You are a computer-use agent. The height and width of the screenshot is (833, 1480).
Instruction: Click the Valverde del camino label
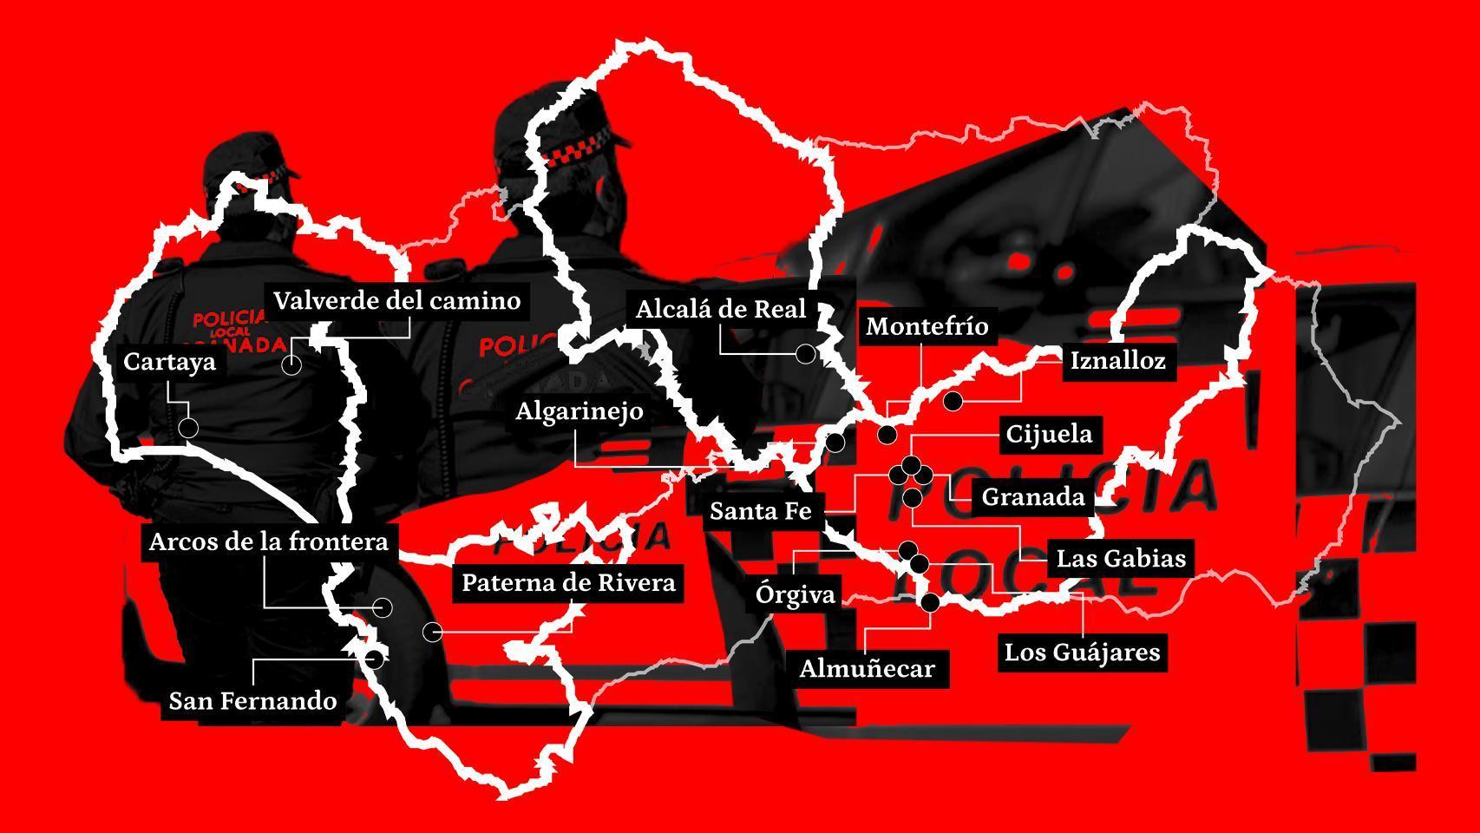[396, 301]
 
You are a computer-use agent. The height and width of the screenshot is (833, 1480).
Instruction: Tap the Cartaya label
[169, 362]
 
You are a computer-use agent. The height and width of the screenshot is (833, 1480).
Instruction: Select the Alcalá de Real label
[721, 310]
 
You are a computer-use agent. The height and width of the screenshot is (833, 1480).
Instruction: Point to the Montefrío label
[927, 326]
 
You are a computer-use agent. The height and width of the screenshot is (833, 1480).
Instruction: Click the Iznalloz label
[1117, 361]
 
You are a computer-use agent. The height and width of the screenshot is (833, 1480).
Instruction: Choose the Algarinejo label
[579, 410]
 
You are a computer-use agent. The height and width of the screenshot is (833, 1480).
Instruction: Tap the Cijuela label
[1048, 434]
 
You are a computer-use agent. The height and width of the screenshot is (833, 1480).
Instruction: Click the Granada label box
[1032, 497]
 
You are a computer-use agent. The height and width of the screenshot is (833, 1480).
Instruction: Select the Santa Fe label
[760, 511]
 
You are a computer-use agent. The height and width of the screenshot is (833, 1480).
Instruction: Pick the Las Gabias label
[1121, 558]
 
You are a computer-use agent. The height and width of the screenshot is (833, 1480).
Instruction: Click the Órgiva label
[795, 594]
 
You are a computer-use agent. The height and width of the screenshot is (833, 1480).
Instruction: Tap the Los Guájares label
[1082, 653]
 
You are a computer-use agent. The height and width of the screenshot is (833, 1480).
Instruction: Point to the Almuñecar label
[867, 669]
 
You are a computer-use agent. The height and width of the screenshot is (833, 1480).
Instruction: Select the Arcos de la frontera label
[268, 542]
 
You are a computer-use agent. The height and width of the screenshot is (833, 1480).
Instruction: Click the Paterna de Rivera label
[568, 582]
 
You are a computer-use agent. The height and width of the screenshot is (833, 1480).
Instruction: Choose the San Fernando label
[252, 701]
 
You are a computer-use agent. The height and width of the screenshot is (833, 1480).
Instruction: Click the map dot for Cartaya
[187, 428]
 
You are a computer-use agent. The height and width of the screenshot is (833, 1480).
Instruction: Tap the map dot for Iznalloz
[953, 401]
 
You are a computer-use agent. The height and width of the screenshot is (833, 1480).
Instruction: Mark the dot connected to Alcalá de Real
[805, 354]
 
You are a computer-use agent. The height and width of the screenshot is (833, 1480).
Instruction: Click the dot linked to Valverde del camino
[291, 364]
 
